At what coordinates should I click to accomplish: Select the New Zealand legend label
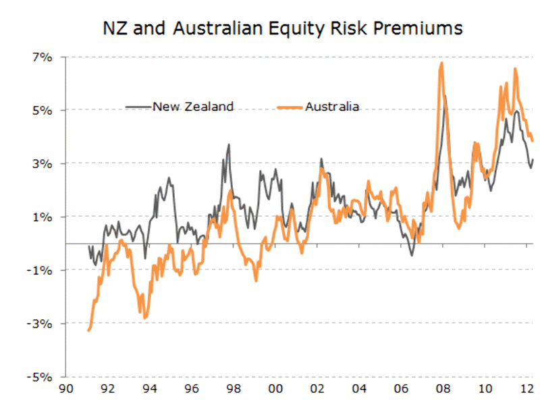[193, 106]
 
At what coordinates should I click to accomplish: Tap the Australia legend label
[331, 106]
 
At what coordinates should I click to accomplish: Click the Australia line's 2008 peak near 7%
[441, 63]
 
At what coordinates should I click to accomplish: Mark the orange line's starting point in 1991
[88, 330]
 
